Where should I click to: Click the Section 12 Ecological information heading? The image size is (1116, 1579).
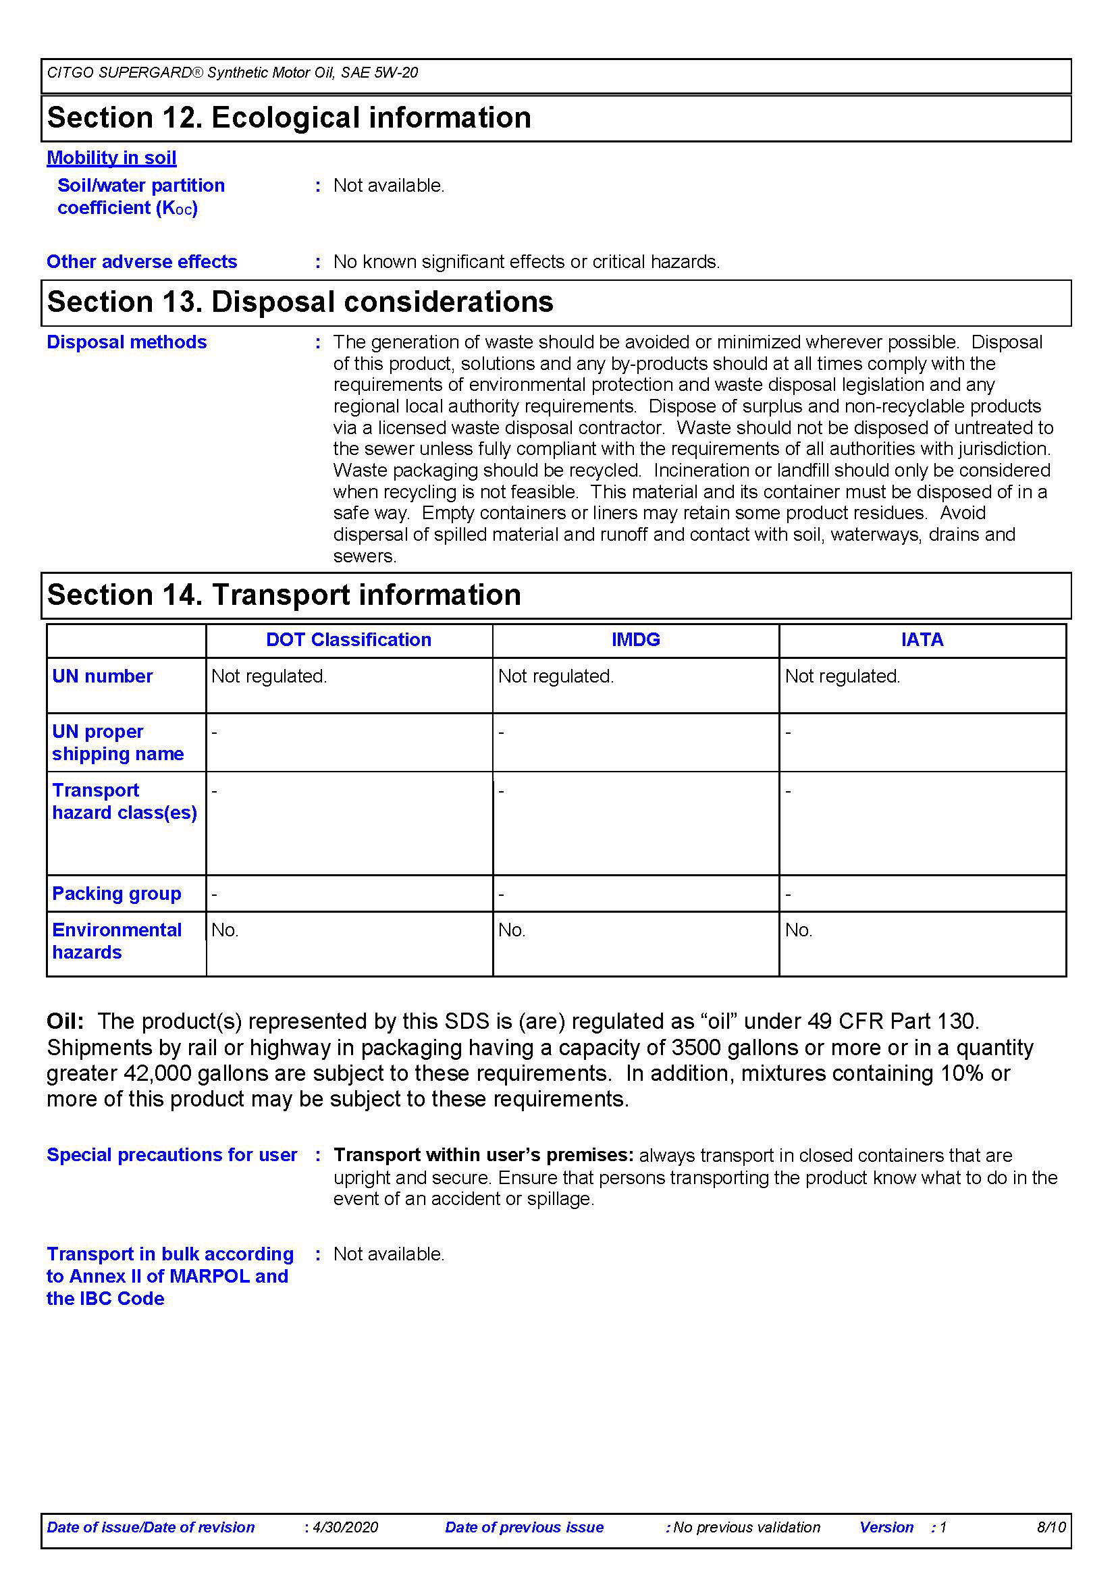click(289, 117)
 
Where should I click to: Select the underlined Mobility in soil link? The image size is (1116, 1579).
click(111, 157)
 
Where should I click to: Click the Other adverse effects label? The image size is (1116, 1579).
click(142, 261)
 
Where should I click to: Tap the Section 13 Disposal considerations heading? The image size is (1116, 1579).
click(300, 302)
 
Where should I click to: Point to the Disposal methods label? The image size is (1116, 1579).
click(126, 342)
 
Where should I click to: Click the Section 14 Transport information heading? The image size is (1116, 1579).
click(284, 595)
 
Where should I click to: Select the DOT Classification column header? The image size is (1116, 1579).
click(348, 639)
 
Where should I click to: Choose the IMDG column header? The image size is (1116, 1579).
click(635, 639)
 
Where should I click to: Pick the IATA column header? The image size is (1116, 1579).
click(922, 639)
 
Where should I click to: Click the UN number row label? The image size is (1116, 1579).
click(103, 676)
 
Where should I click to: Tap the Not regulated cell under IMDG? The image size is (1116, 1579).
click(556, 676)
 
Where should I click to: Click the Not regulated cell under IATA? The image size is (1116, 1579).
click(843, 676)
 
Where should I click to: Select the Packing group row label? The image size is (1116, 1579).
click(117, 893)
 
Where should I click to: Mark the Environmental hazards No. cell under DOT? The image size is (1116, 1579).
click(224, 930)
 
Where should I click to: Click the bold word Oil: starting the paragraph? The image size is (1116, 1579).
click(65, 1021)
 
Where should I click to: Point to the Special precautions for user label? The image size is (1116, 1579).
click(172, 1154)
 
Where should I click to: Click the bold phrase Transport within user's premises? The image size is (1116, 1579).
click(483, 1154)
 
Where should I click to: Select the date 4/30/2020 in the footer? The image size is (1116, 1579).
click(345, 1528)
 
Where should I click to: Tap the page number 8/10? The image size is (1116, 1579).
click(1051, 1528)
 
